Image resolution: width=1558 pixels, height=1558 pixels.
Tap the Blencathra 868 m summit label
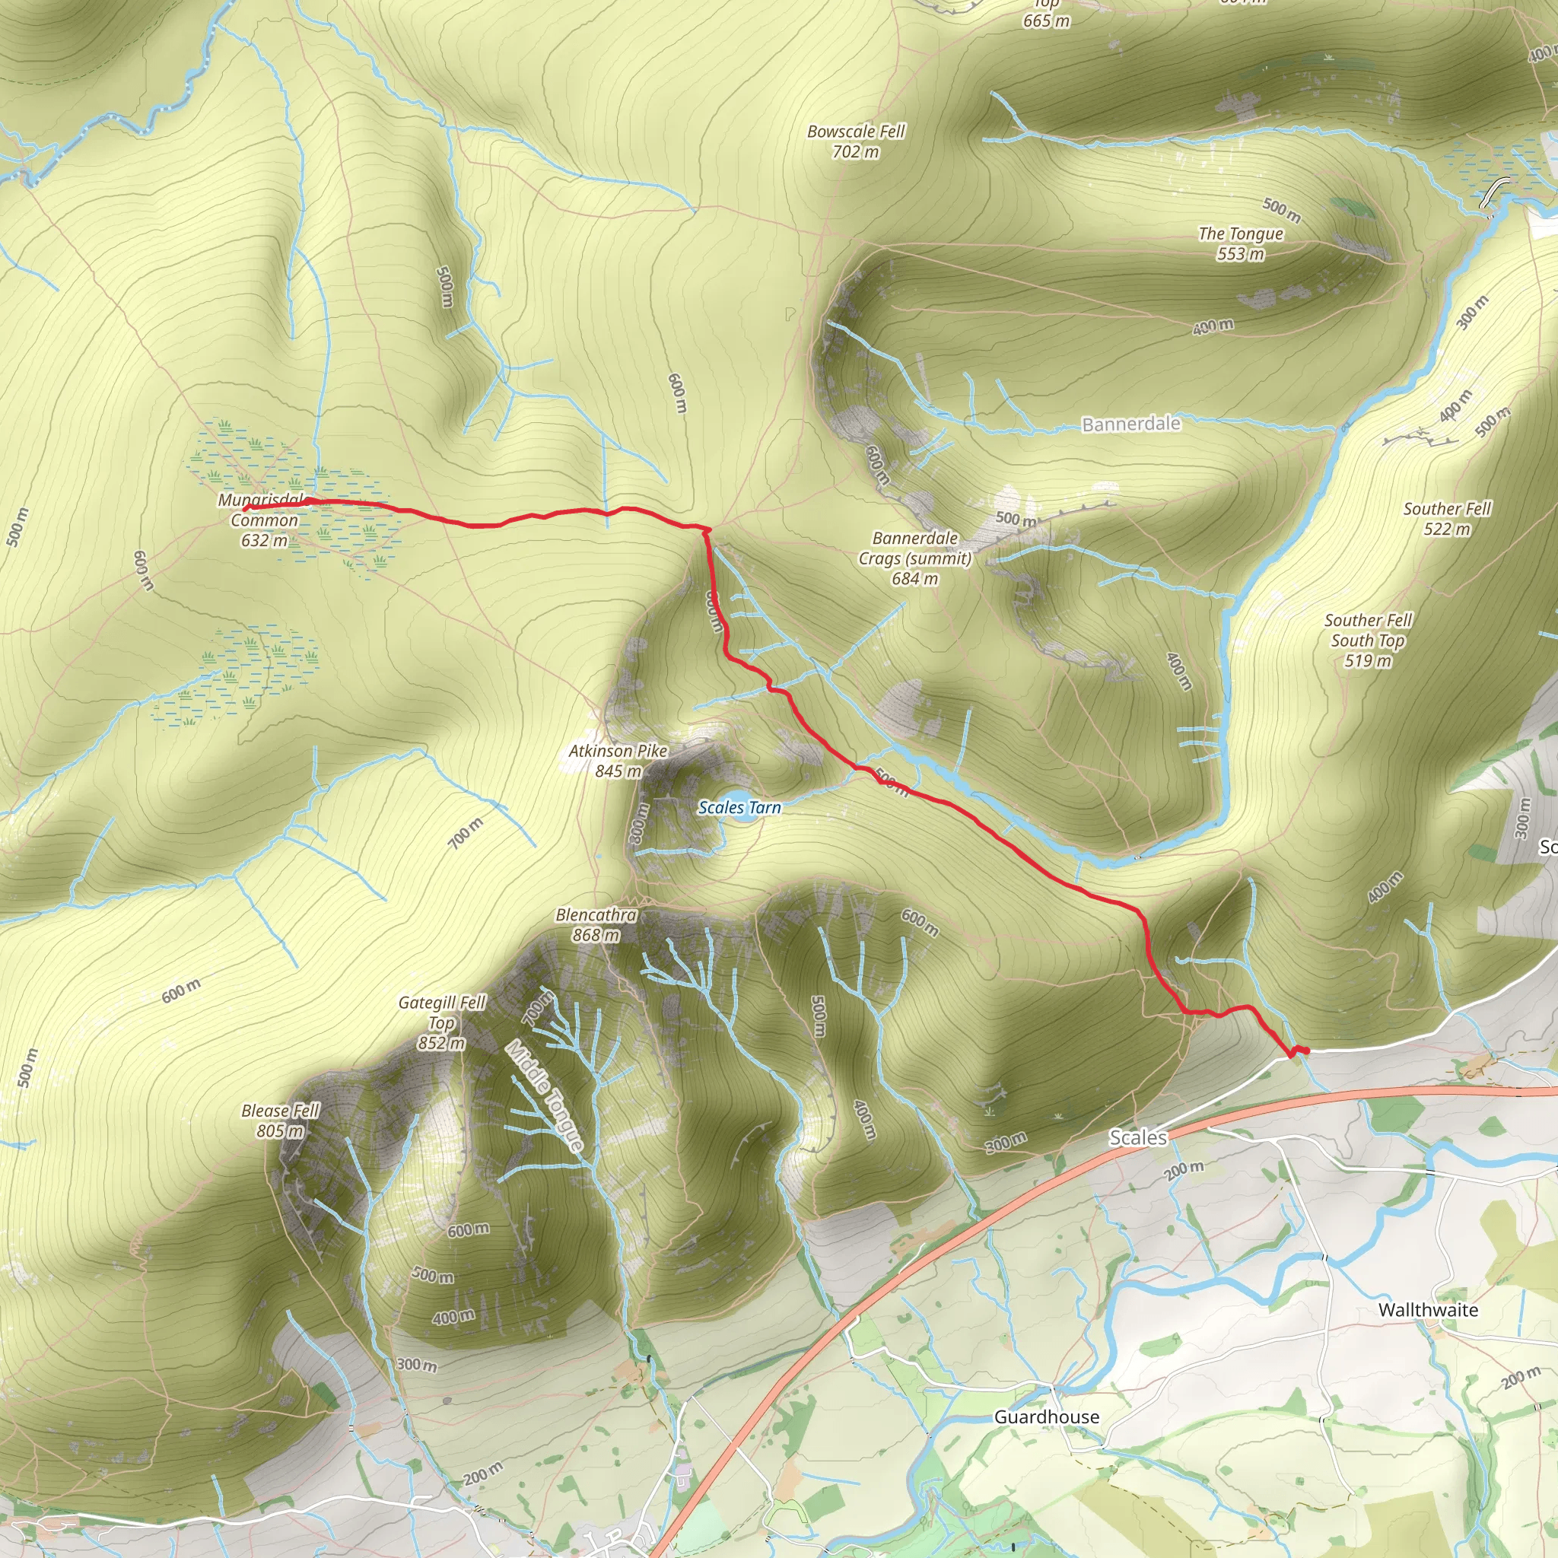[596, 925]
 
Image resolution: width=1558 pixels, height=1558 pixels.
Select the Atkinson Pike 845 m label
[618, 761]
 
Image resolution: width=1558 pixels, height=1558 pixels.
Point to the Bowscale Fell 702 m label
[856, 141]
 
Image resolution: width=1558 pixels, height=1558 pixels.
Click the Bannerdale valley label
[1130, 424]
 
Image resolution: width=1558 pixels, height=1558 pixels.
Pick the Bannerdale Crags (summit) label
[915, 558]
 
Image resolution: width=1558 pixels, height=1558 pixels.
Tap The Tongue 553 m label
[1240, 243]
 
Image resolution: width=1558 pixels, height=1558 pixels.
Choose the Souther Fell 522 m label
[1447, 519]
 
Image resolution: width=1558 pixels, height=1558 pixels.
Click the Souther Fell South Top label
[1368, 641]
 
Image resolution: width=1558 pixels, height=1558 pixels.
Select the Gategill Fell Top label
[442, 1022]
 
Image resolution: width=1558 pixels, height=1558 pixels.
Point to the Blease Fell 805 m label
[281, 1120]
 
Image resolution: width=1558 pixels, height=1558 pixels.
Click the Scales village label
[1138, 1138]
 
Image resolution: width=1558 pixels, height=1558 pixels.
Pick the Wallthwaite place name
[1428, 1310]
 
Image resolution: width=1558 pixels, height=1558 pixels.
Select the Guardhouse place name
[1047, 1417]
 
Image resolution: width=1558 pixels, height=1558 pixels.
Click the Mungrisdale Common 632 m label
[264, 520]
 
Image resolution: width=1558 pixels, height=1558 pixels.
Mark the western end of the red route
[245, 509]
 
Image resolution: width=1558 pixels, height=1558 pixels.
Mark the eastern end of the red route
[1305, 1050]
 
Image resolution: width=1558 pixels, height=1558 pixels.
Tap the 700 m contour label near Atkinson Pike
[466, 831]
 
